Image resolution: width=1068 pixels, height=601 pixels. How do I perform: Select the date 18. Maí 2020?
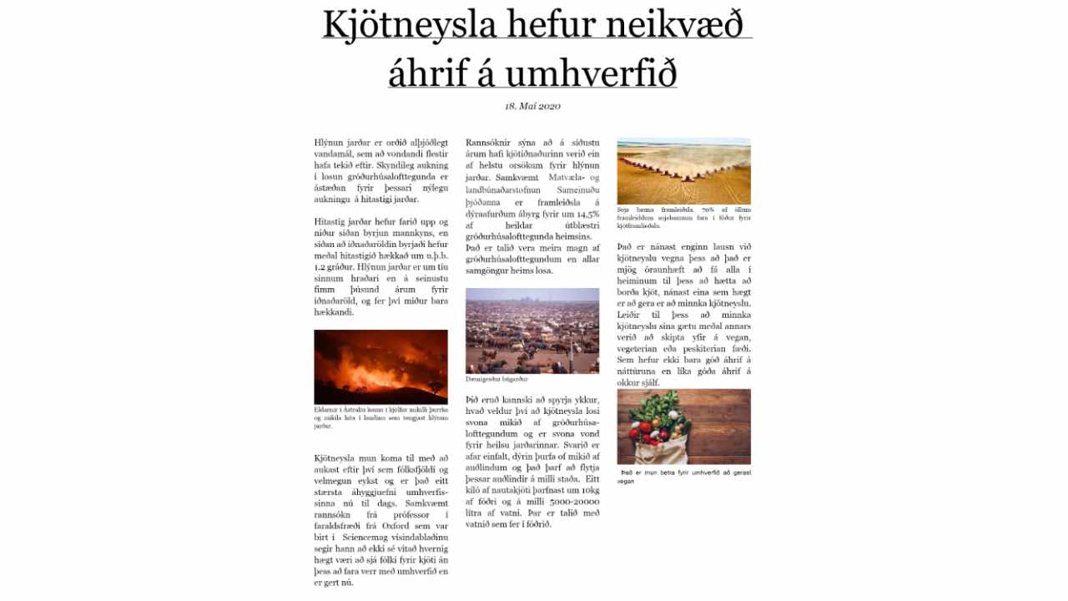532,106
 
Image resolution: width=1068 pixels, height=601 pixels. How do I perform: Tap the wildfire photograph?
380,366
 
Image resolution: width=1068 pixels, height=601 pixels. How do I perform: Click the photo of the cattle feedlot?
532,331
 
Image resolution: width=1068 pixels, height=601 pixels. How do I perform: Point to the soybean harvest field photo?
683,170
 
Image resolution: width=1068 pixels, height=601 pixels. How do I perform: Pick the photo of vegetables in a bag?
683,427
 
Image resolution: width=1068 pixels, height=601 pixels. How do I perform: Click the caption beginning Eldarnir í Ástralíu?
380,418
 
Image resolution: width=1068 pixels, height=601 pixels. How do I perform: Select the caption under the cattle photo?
496,379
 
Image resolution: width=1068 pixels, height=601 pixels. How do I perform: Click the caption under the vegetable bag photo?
683,477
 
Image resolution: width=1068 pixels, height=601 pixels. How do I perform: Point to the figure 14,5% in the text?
582,215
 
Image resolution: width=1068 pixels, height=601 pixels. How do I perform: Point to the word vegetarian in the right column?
643,348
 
